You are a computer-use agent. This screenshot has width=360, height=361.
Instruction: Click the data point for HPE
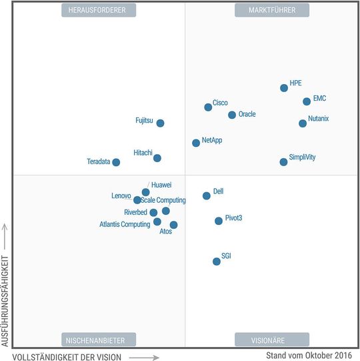(x=284, y=87)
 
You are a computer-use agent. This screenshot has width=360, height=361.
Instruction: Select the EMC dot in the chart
(x=307, y=101)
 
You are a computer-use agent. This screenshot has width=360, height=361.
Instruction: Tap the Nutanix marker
(x=303, y=123)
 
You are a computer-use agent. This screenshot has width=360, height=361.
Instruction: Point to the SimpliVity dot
(x=284, y=161)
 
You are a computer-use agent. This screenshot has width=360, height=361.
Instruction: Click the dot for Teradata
(x=116, y=162)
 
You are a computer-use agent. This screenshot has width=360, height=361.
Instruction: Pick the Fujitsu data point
(x=160, y=123)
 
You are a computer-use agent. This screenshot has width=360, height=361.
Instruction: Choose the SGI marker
(x=217, y=262)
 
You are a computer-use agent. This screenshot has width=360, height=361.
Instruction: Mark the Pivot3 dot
(x=219, y=221)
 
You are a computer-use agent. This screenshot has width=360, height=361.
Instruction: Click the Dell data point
(x=207, y=196)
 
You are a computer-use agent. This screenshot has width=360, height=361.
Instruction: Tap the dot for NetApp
(x=196, y=143)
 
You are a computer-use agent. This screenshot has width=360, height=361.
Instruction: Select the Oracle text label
(x=247, y=114)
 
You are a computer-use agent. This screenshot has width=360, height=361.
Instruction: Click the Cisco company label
(x=220, y=103)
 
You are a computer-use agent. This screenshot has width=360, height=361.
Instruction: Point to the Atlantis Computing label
(x=125, y=224)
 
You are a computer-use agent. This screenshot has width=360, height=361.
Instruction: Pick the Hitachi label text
(x=143, y=152)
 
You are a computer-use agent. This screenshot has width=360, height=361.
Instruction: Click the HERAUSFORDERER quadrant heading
(x=98, y=10)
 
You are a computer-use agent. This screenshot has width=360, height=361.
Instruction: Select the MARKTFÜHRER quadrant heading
(x=272, y=10)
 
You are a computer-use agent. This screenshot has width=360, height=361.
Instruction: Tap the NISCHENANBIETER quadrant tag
(x=98, y=340)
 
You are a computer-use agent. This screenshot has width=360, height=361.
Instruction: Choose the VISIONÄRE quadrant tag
(x=272, y=340)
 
